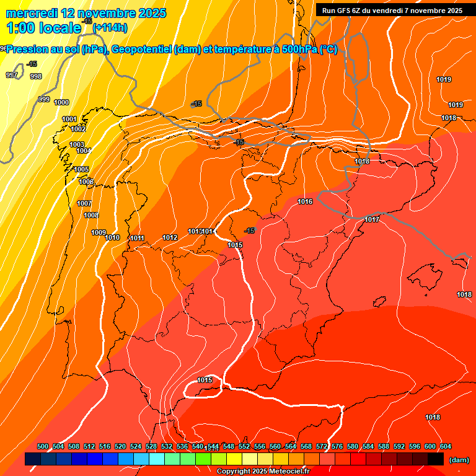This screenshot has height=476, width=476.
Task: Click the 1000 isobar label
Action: [61, 102]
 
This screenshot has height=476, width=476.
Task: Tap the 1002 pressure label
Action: [78, 129]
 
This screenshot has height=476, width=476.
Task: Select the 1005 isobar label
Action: [81, 169]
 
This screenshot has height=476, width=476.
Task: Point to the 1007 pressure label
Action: [84, 203]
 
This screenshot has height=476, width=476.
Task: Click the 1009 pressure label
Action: [99, 232]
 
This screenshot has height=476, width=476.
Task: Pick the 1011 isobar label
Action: [137, 238]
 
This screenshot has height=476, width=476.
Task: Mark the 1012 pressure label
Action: [170, 237]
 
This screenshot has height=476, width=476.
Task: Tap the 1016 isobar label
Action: [305, 201]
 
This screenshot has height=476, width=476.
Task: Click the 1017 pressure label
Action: [372, 219]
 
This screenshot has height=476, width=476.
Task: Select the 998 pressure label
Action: [36, 76]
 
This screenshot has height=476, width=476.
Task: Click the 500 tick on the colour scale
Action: [43, 446]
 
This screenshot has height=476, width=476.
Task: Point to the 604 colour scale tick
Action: [446, 446]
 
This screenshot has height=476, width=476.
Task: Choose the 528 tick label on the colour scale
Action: [151, 446]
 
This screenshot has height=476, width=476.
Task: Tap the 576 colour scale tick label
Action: [337, 446]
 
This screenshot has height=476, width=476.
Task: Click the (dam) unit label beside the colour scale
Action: [459, 460]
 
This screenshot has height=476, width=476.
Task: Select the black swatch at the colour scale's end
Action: [436, 459]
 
